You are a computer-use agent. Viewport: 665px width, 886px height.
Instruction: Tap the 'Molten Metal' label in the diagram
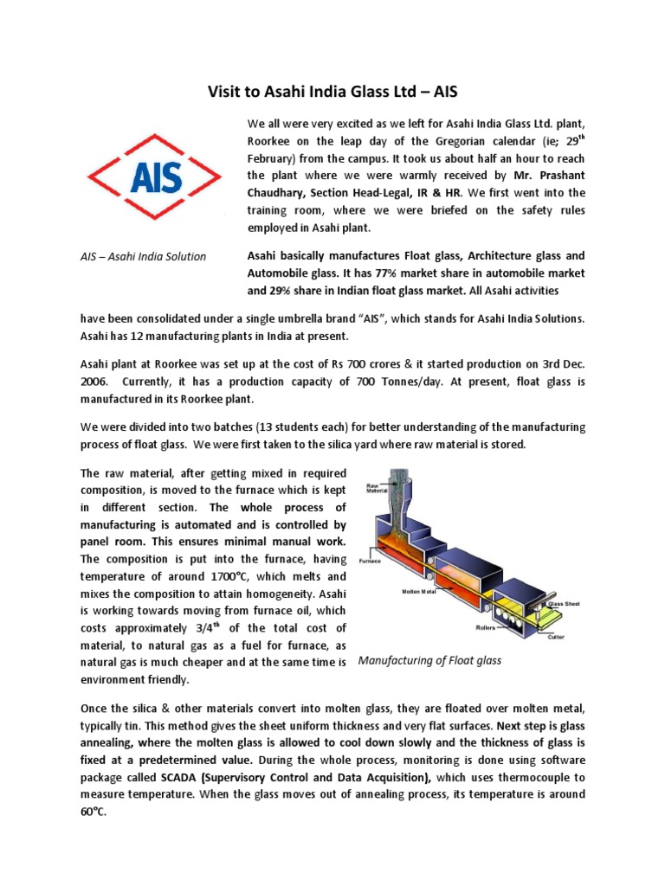coord(419,592)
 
